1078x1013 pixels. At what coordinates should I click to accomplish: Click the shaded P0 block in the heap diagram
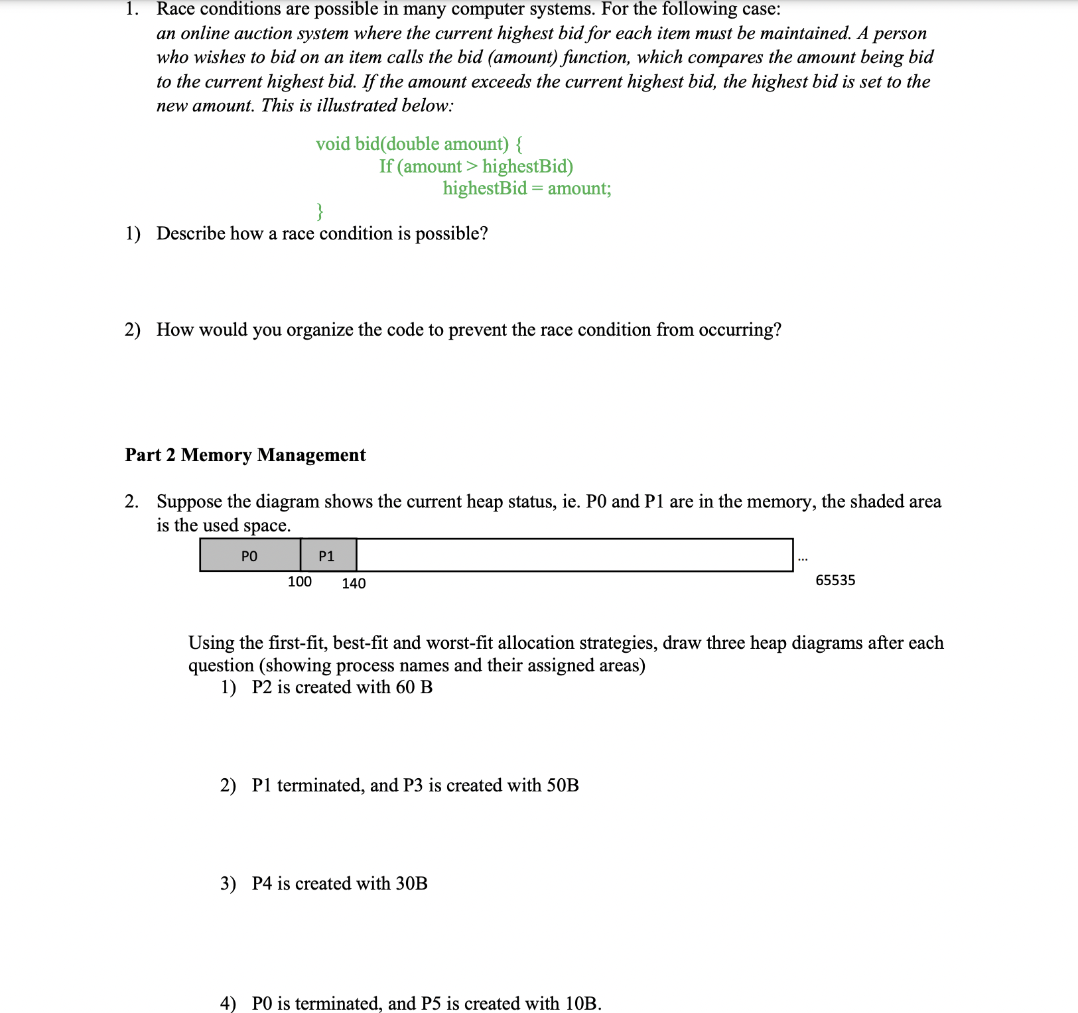(x=249, y=555)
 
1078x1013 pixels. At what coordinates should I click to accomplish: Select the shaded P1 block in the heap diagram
(x=328, y=555)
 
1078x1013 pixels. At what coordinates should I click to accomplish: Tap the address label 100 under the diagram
(x=299, y=582)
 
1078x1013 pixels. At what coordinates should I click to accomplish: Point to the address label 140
(x=354, y=583)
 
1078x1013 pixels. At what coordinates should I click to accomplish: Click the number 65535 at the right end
(x=835, y=580)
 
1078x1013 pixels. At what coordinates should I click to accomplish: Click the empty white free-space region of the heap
(x=574, y=555)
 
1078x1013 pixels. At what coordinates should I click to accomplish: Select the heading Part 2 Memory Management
(x=245, y=455)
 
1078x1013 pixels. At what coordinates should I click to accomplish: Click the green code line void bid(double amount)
(x=419, y=144)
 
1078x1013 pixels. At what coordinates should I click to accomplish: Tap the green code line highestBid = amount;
(x=527, y=188)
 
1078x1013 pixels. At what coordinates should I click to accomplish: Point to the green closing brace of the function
(x=320, y=211)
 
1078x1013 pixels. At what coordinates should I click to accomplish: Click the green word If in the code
(x=385, y=167)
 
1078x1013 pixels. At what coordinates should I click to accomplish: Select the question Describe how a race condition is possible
(x=322, y=234)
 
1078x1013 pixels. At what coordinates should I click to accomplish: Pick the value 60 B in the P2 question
(x=414, y=687)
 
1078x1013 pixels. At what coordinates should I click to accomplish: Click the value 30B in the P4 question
(x=411, y=884)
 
